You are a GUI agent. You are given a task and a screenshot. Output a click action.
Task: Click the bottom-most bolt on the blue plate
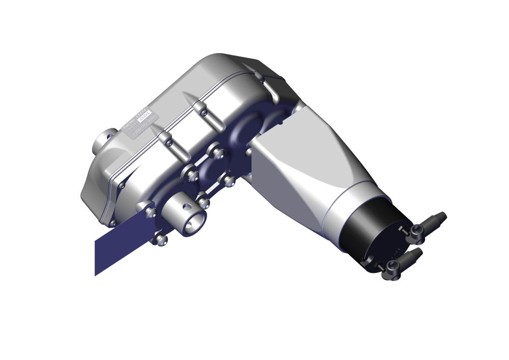[x=161, y=239]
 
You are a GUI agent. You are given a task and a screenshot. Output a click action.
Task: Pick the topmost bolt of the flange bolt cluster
[x=218, y=153]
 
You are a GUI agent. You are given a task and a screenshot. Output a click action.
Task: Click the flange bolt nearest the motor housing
[x=229, y=180]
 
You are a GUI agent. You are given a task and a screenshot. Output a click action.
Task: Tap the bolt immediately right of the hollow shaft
[x=204, y=203]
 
